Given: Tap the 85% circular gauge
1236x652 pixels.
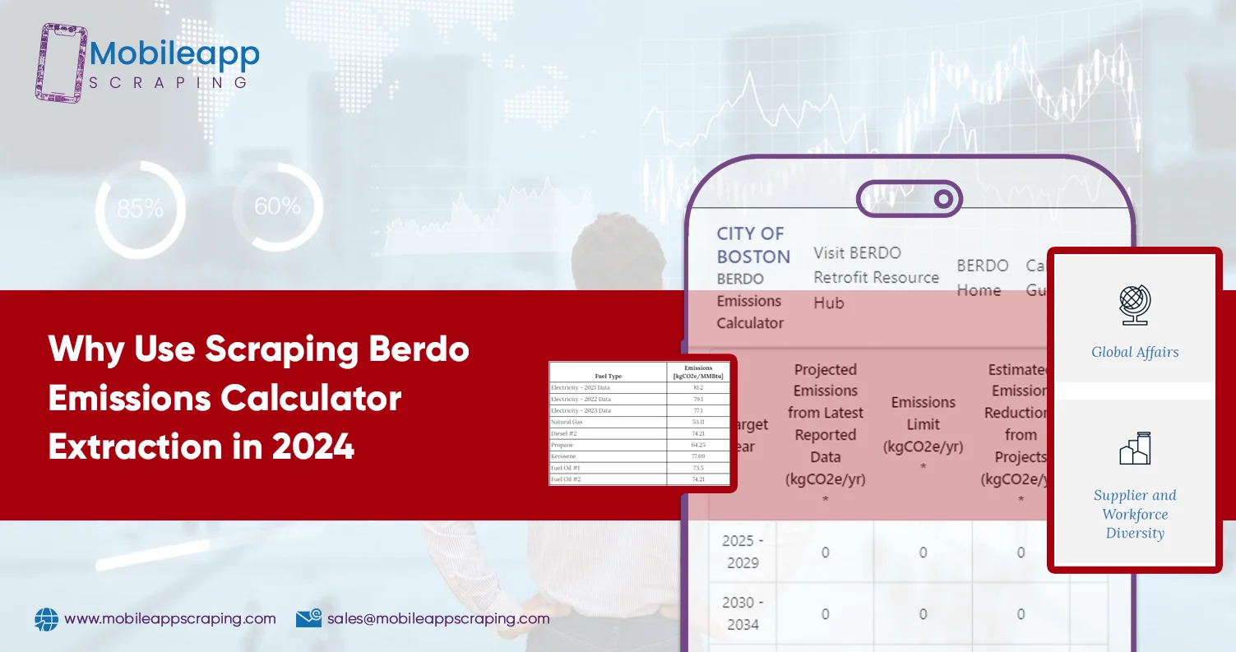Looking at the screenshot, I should (x=139, y=206).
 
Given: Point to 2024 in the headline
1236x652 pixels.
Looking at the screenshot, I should (x=314, y=447).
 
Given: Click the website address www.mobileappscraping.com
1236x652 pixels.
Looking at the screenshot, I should (x=169, y=618).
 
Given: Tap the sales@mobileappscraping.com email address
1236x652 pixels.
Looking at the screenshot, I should (x=437, y=618).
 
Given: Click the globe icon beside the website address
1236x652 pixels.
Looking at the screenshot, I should (x=46, y=619).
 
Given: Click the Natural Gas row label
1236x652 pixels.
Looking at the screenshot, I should (x=567, y=422).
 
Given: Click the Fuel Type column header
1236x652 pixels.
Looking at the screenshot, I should (x=608, y=376).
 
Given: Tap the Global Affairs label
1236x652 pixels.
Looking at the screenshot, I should (x=1135, y=352).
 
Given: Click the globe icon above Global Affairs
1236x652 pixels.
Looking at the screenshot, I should (x=1135, y=305).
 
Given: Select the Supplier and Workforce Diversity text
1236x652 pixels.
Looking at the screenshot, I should (x=1135, y=514).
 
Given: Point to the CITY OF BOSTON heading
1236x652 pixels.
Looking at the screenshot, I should (x=752, y=245).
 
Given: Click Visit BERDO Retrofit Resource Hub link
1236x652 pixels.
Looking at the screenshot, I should (x=876, y=277).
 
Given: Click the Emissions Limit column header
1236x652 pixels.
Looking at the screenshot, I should (x=923, y=424).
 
